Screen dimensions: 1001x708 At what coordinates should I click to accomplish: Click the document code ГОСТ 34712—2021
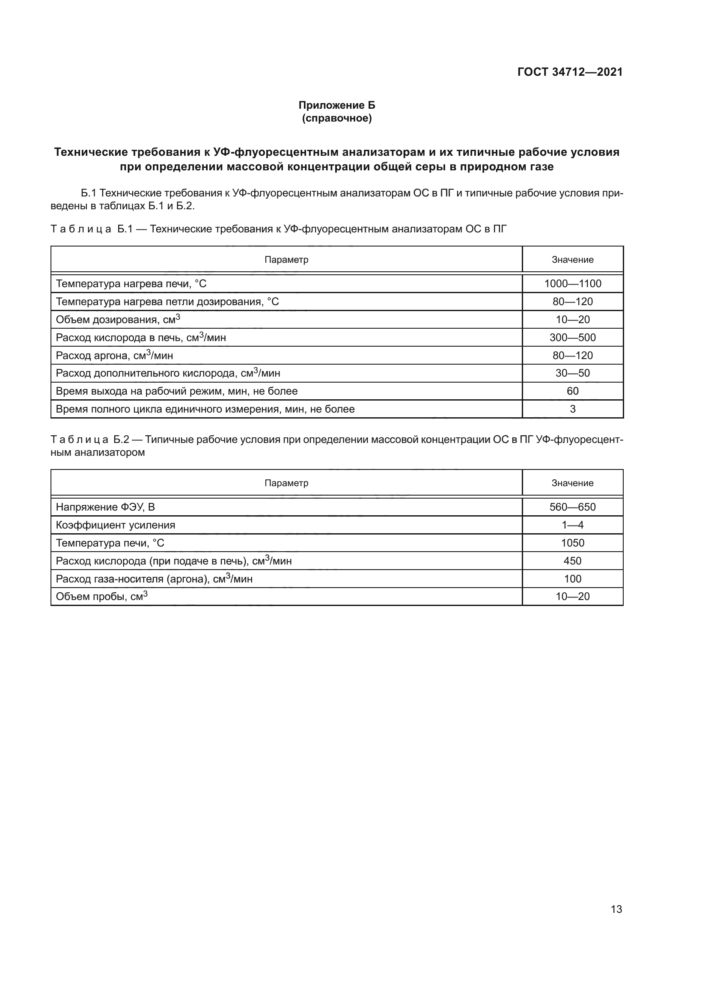click(x=570, y=72)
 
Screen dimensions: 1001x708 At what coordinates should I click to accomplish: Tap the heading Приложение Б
click(x=336, y=105)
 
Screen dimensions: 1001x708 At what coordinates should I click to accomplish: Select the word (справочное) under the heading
click(x=336, y=118)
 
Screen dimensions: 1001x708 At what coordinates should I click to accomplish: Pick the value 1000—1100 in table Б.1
click(x=572, y=284)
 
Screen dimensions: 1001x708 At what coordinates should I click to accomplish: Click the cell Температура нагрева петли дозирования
click(x=167, y=302)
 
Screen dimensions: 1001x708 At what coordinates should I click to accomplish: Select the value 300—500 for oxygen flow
click(x=572, y=337)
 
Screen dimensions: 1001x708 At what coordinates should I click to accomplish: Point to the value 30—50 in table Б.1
click(x=572, y=373)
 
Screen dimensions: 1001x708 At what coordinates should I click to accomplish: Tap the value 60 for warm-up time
click(x=572, y=391)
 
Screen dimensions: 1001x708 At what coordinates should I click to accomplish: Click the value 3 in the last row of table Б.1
click(x=572, y=409)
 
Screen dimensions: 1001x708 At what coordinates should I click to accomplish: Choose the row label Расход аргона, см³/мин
click(x=114, y=355)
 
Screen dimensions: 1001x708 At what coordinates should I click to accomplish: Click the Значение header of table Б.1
click(x=572, y=260)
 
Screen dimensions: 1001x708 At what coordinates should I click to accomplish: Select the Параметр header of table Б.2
click(x=286, y=483)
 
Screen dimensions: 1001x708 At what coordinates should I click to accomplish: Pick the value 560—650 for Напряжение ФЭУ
click(x=572, y=507)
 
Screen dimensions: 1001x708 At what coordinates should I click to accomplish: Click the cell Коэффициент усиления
click(x=116, y=525)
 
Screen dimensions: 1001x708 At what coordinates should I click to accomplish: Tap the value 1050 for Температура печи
click(x=572, y=543)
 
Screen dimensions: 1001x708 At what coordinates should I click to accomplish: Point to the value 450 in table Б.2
click(x=572, y=561)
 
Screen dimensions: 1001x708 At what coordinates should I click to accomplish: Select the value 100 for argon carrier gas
click(x=572, y=579)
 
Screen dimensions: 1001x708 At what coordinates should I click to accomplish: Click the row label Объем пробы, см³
click(x=101, y=597)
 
